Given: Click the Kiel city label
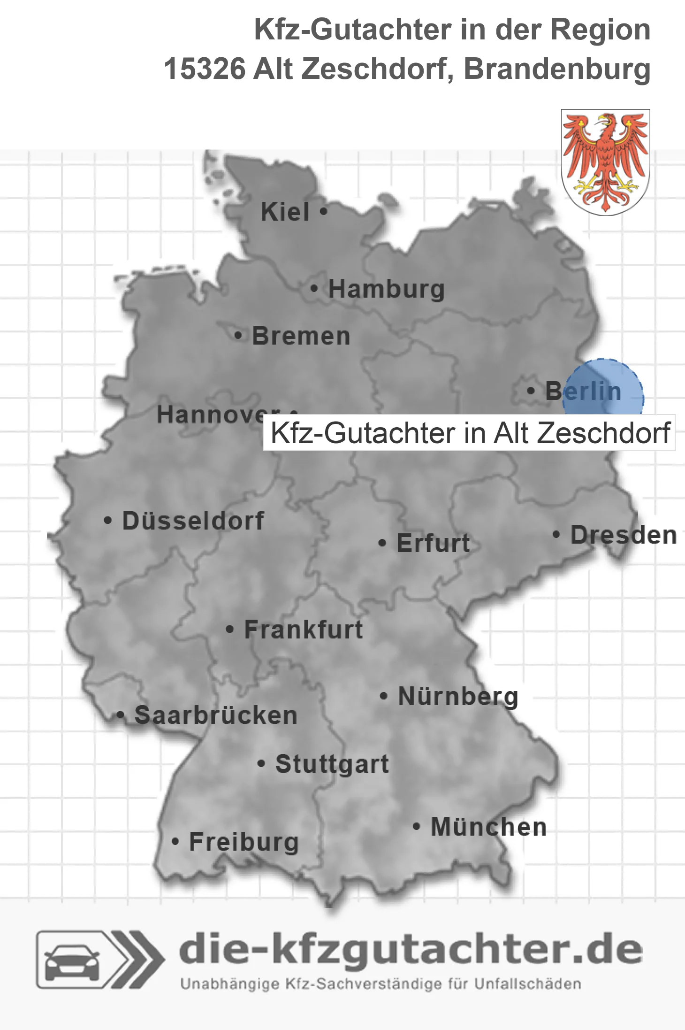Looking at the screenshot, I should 285,212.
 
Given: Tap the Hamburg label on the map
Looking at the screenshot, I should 386,289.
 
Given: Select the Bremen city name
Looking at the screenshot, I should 301,336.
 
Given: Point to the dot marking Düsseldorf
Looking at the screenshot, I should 108,521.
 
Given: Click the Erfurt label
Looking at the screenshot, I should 433,543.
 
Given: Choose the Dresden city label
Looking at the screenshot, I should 623,535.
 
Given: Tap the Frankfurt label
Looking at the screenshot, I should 304,630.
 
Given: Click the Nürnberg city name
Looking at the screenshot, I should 458,696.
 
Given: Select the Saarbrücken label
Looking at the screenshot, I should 216,715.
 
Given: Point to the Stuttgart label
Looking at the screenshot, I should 332,764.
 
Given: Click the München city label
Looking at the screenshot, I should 488,827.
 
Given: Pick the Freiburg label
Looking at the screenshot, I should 244,842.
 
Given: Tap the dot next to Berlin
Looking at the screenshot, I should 531,391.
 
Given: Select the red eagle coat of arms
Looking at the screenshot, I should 605,162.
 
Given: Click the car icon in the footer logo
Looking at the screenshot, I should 72,960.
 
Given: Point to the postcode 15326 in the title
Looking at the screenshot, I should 205,69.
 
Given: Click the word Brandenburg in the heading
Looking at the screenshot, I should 557,69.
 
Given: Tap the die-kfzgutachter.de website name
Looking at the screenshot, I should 411,949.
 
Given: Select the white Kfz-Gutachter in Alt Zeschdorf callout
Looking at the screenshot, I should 469,433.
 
